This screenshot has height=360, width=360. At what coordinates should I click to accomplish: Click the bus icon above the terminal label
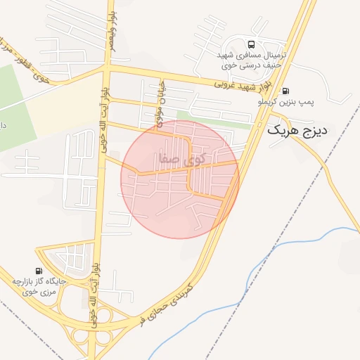point(243,43)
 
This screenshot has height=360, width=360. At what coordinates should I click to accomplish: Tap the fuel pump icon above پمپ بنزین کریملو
point(285,91)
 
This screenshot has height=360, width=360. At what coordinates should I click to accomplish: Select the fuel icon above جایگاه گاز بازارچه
point(38,271)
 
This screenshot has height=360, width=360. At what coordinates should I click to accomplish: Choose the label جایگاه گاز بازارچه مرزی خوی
point(39,287)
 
